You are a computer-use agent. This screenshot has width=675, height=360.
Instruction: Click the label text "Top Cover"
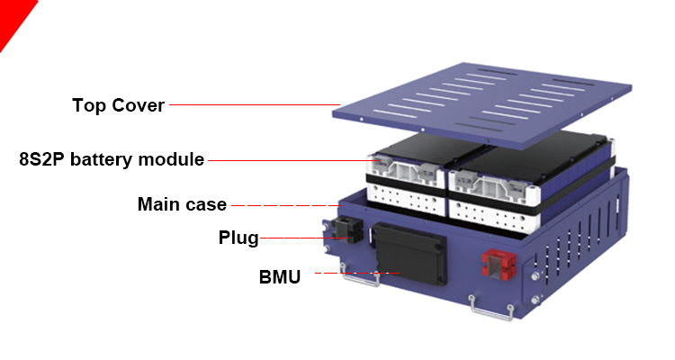118,105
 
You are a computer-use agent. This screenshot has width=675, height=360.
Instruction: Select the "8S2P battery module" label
112,160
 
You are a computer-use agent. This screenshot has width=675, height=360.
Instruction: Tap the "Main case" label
182,204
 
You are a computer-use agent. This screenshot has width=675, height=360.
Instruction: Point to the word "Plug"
238,238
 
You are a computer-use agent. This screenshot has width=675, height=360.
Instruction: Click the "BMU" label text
280,276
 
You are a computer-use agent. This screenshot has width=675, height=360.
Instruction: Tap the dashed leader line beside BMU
355,272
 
